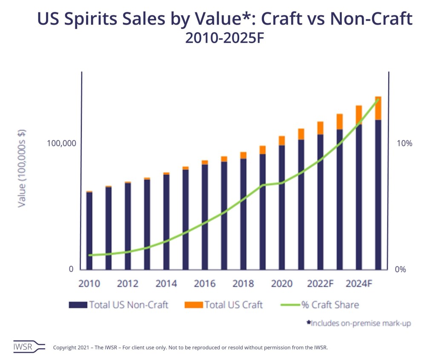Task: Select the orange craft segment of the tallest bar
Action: (x=378, y=108)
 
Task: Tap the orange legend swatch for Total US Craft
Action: (x=193, y=305)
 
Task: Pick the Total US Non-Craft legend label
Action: (x=129, y=305)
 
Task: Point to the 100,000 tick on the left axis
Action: (x=60, y=143)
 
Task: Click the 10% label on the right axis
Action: (x=404, y=143)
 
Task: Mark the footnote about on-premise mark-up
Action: (x=359, y=324)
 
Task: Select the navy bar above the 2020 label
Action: (x=282, y=208)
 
